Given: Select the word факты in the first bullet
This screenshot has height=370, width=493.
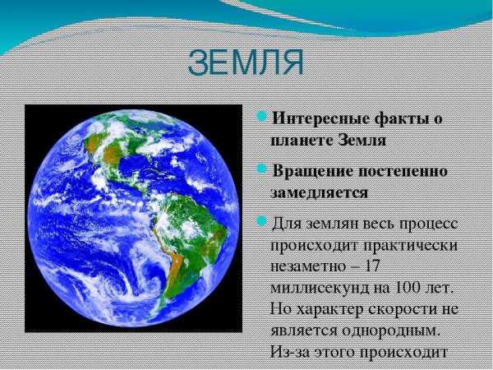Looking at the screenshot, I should point(403,119).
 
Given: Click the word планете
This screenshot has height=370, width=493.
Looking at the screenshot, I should point(301,140).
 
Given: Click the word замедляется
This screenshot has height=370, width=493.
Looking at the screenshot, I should point(319,192).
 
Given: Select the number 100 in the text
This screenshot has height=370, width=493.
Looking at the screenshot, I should point(396,289).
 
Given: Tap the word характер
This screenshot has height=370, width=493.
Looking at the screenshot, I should point(332,310).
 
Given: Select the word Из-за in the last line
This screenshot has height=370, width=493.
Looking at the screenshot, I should point(288,352).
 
